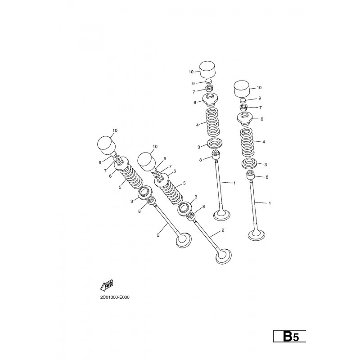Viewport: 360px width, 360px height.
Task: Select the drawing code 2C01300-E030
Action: (x=115, y=297)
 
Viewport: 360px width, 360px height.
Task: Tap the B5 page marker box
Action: (x=289, y=336)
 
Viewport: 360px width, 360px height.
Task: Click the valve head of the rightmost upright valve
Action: (x=256, y=235)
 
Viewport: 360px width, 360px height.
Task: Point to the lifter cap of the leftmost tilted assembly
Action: (x=106, y=145)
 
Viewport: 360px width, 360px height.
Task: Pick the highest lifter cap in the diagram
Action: (x=208, y=69)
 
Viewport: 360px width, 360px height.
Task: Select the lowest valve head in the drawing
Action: (x=224, y=256)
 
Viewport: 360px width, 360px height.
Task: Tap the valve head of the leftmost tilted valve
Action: (x=184, y=240)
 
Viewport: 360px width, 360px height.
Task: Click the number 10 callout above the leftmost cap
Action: (x=115, y=130)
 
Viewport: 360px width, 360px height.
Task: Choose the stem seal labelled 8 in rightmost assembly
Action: (x=251, y=175)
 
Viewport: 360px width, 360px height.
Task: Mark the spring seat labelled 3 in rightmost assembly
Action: (x=249, y=163)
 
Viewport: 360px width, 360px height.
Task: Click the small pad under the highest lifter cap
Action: (x=208, y=81)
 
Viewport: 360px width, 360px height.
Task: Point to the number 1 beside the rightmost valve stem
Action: (x=270, y=203)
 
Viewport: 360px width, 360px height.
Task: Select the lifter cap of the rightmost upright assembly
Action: (x=242, y=89)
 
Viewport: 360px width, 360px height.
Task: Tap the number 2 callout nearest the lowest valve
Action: (x=222, y=230)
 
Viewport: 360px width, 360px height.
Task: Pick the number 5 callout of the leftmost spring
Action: (x=120, y=187)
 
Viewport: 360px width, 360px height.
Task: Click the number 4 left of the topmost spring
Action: (x=197, y=125)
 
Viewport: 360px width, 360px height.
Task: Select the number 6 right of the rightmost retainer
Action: (x=262, y=119)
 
